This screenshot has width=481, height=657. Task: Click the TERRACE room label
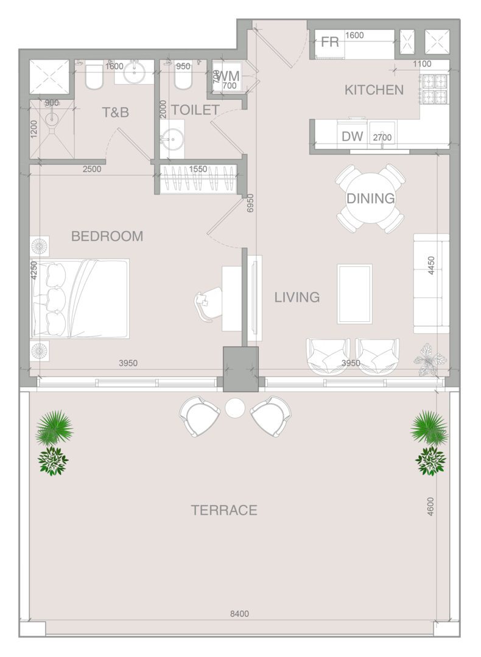224,510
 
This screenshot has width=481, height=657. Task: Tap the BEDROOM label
107,236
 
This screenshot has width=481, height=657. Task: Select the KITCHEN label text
374,89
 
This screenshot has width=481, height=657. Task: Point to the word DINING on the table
371,198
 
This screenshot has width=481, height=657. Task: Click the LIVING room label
297,297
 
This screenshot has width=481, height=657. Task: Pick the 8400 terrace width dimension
239,614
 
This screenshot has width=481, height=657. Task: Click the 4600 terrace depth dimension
430,506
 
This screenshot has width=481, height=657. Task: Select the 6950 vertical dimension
250,203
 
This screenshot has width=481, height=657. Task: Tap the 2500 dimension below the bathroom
92,169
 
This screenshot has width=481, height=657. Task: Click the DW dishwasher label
353,136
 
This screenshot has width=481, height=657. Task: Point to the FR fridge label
329,42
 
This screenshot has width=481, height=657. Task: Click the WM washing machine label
229,76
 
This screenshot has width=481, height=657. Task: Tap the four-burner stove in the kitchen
435,89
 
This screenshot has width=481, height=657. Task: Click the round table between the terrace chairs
235,408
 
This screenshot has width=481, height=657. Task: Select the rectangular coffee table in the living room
355,294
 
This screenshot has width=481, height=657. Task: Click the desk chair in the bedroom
207,303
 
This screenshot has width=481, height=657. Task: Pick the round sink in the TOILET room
172,136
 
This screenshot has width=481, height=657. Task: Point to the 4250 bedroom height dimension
34,270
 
